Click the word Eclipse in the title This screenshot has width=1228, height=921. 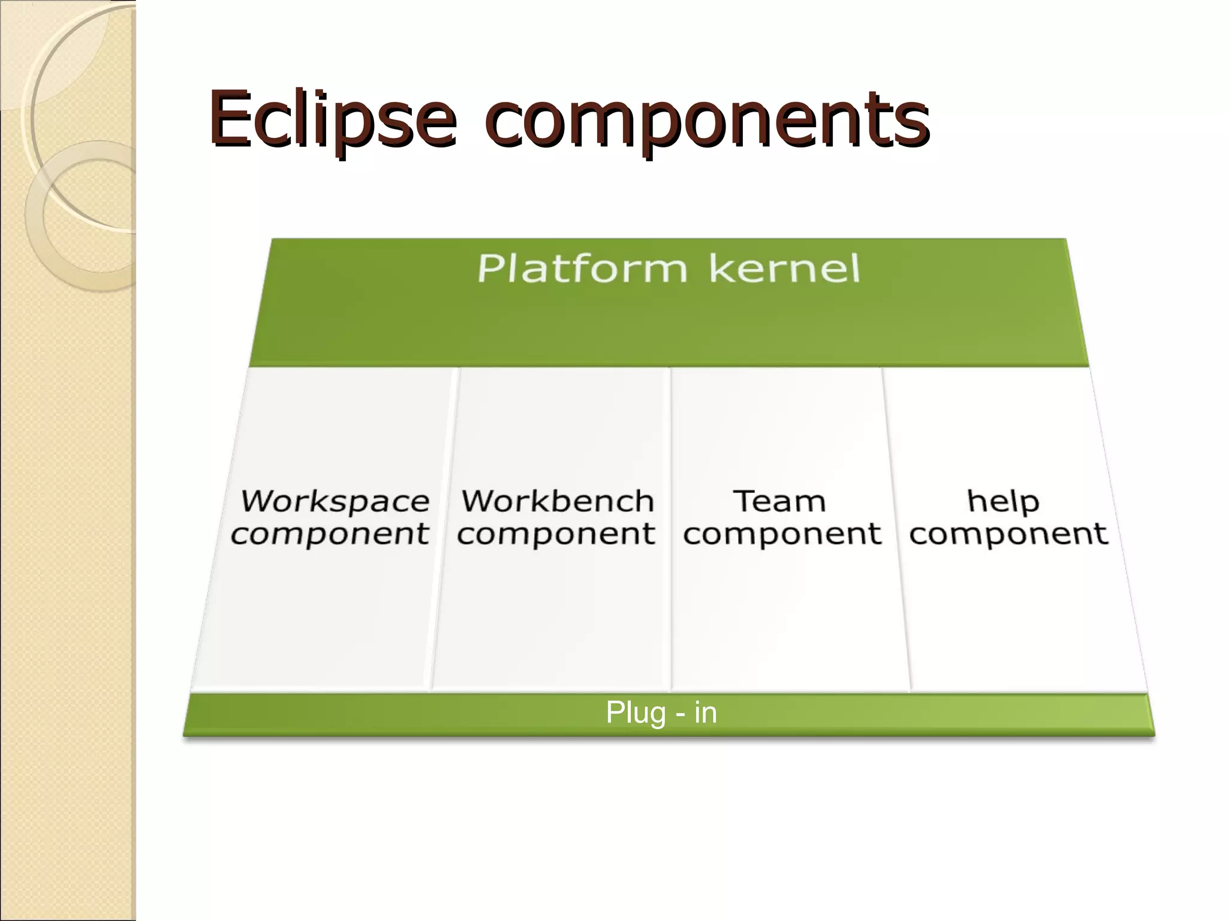333,120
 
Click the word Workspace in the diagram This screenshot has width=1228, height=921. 335,501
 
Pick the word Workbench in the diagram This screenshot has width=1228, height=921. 557,501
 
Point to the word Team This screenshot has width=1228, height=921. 779,501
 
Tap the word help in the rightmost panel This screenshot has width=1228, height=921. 1003,501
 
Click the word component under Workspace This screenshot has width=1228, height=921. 330,534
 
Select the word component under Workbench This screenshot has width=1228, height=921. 556,534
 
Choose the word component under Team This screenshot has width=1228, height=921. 782,534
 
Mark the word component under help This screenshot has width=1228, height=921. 1008,534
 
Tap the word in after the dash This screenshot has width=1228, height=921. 706,712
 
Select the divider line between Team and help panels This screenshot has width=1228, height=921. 896,528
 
